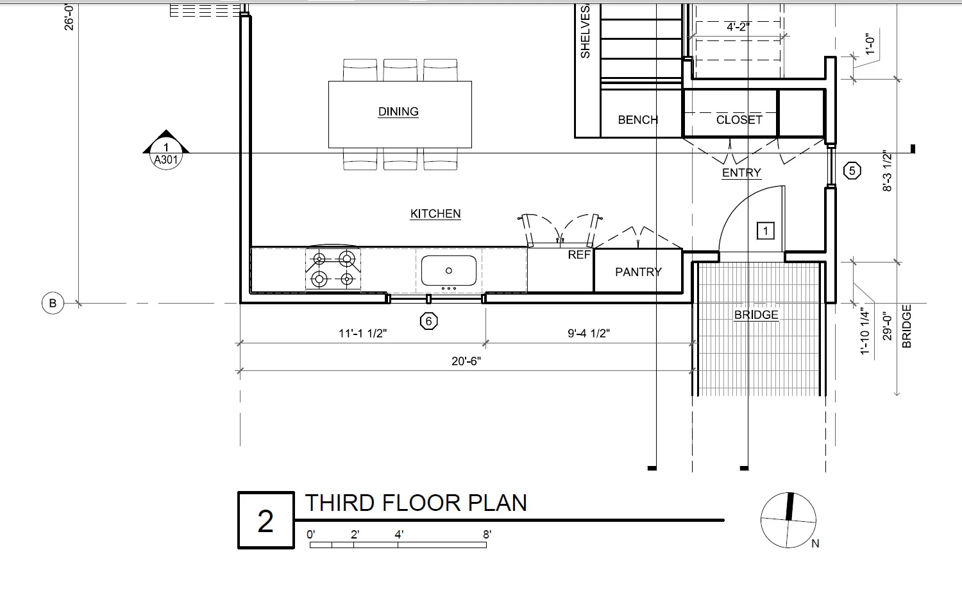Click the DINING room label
[398, 112]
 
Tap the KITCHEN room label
[435, 214]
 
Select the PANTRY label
[639, 272]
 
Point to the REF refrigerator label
[579, 255]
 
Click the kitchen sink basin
[449, 271]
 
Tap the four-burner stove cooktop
[333, 270]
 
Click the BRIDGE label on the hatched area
[756, 315]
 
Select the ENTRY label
[741, 173]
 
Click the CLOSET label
[739, 120]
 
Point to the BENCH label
[637, 120]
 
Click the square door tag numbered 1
[765, 231]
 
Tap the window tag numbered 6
[428, 321]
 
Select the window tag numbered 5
[852, 171]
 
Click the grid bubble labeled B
[53, 303]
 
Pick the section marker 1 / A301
[165, 150]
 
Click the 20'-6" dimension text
[466, 361]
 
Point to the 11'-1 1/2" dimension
[362, 334]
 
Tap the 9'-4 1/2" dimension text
[588, 334]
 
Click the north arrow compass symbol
[788, 520]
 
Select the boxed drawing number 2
[266, 520]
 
